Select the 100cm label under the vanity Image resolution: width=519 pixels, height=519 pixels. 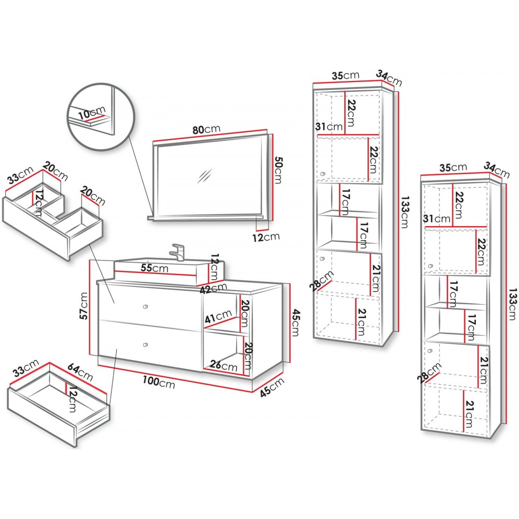[159, 383]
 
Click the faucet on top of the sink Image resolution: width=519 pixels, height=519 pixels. [178, 252]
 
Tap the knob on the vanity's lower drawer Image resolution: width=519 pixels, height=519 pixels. [145, 345]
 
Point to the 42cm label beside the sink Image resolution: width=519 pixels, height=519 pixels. [213, 286]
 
